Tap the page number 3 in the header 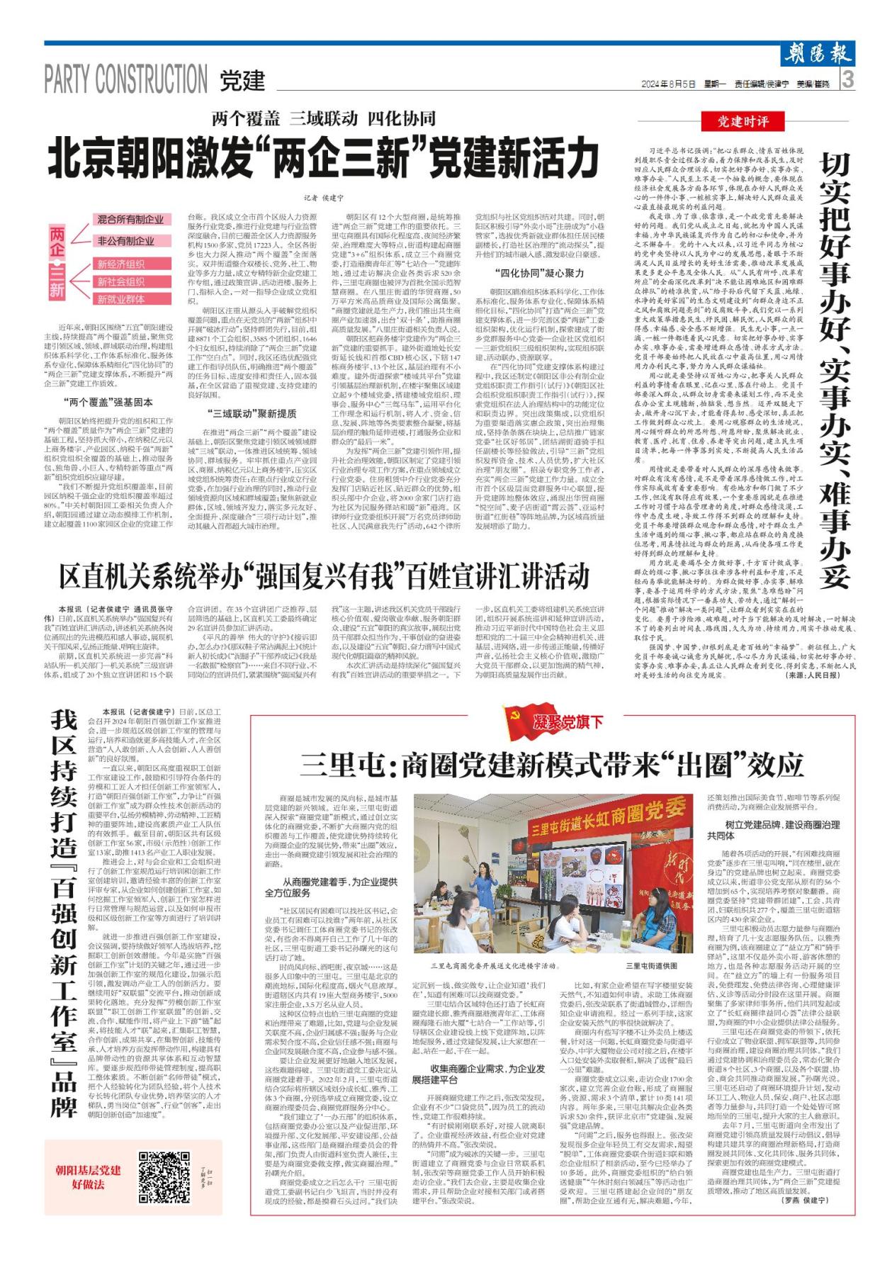click(849, 80)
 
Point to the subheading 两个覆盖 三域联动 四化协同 click(322, 118)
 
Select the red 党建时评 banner click(743, 122)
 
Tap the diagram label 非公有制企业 click(125, 241)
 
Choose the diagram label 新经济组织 click(121, 264)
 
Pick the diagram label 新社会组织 click(121, 281)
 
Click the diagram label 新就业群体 click(121, 299)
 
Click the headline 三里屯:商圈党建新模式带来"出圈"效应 click(552, 765)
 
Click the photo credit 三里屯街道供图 click(652, 965)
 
